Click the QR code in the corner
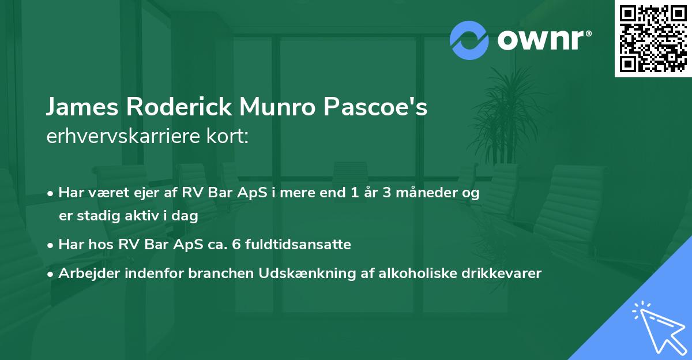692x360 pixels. (x=652, y=38)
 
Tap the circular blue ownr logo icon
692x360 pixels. (x=469, y=40)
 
